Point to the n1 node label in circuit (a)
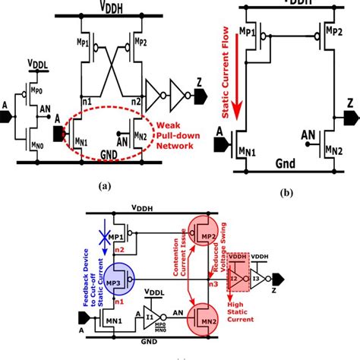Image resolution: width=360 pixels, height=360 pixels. (x=87, y=99)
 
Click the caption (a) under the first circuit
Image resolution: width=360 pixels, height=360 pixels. (x=99, y=182)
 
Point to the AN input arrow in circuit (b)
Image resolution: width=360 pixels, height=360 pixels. (x=308, y=137)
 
